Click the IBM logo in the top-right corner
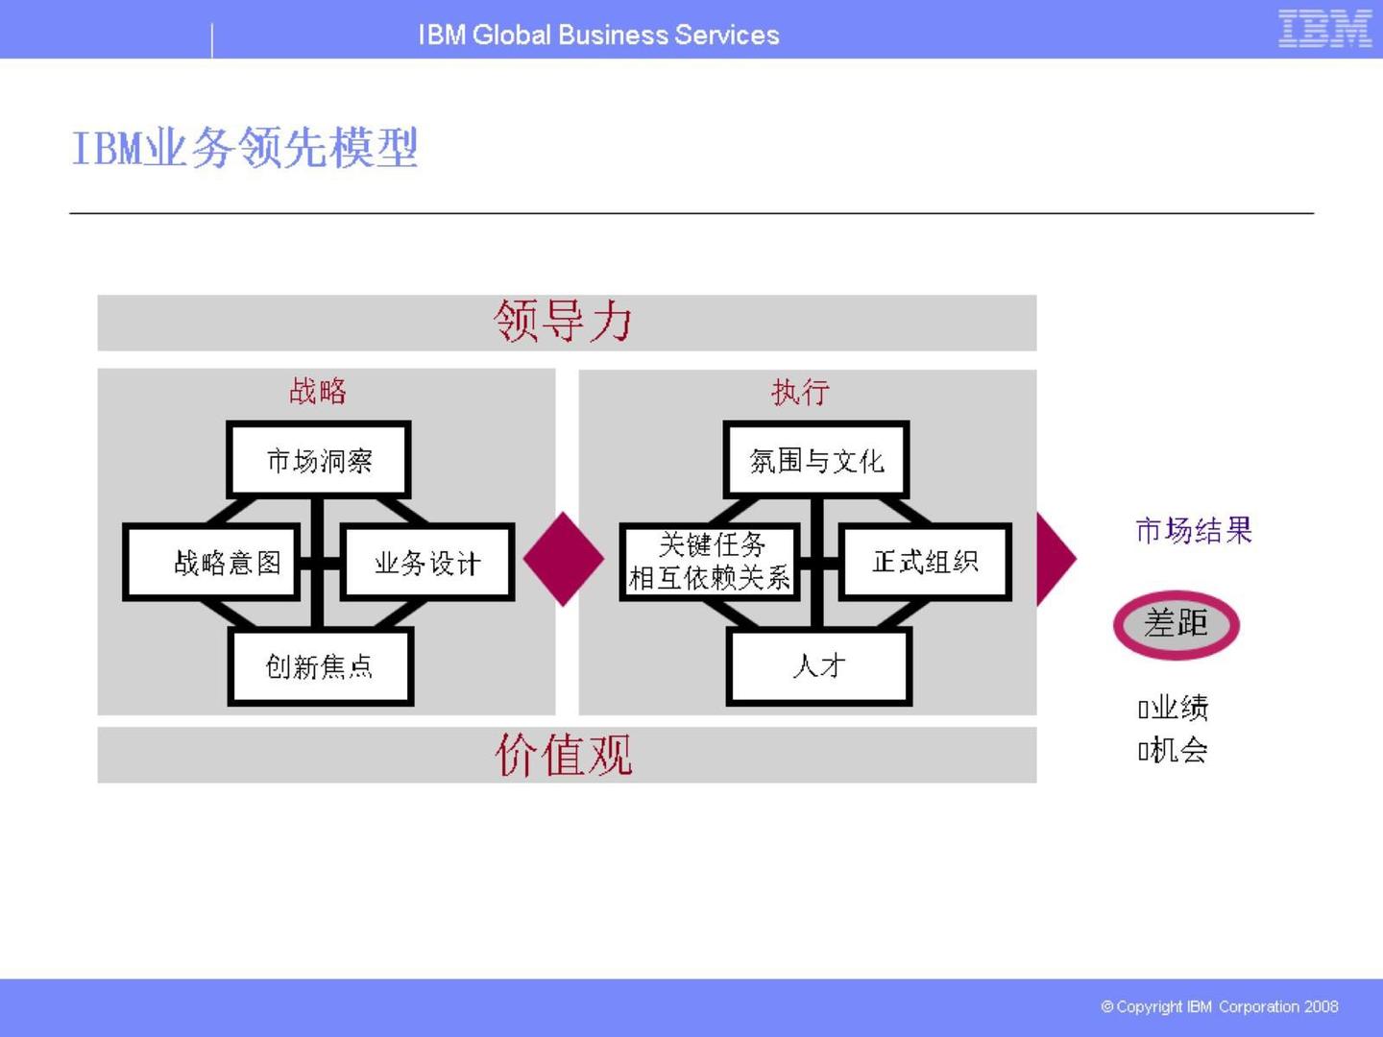click(x=1324, y=29)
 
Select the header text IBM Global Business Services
click(x=598, y=35)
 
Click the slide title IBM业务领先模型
click(x=245, y=148)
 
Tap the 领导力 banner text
click(x=564, y=321)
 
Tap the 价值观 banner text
click(x=564, y=755)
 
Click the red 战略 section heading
click(x=318, y=391)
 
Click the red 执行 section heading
click(x=800, y=392)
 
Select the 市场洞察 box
click(x=319, y=460)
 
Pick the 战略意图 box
click(x=227, y=563)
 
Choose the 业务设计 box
click(x=427, y=563)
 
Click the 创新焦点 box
click(x=320, y=666)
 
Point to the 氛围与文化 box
click(x=816, y=460)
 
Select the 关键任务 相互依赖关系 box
click(x=710, y=562)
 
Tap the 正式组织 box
click(x=925, y=562)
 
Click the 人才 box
click(x=819, y=665)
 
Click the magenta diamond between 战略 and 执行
click(x=564, y=559)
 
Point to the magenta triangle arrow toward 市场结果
click(x=1054, y=559)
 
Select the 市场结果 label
click(x=1194, y=530)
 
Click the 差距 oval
click(x=1176, y=624)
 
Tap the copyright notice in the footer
click(x=1219, y=1006)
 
